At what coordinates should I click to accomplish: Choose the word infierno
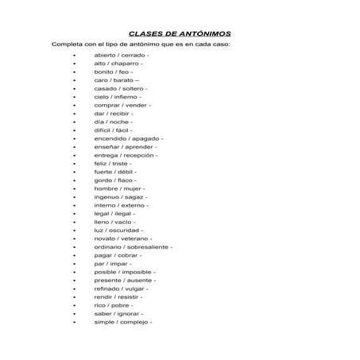pyautogui.click(x=126, y=96)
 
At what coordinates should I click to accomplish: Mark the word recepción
pyautogui.click(x=139, y=155)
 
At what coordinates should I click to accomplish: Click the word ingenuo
pyautogui.click(x=106, y=196)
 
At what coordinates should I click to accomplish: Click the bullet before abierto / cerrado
pyautogui.click(x=73, y=55)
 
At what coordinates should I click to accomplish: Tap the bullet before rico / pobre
pyautogui.click(x=73, y=305)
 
